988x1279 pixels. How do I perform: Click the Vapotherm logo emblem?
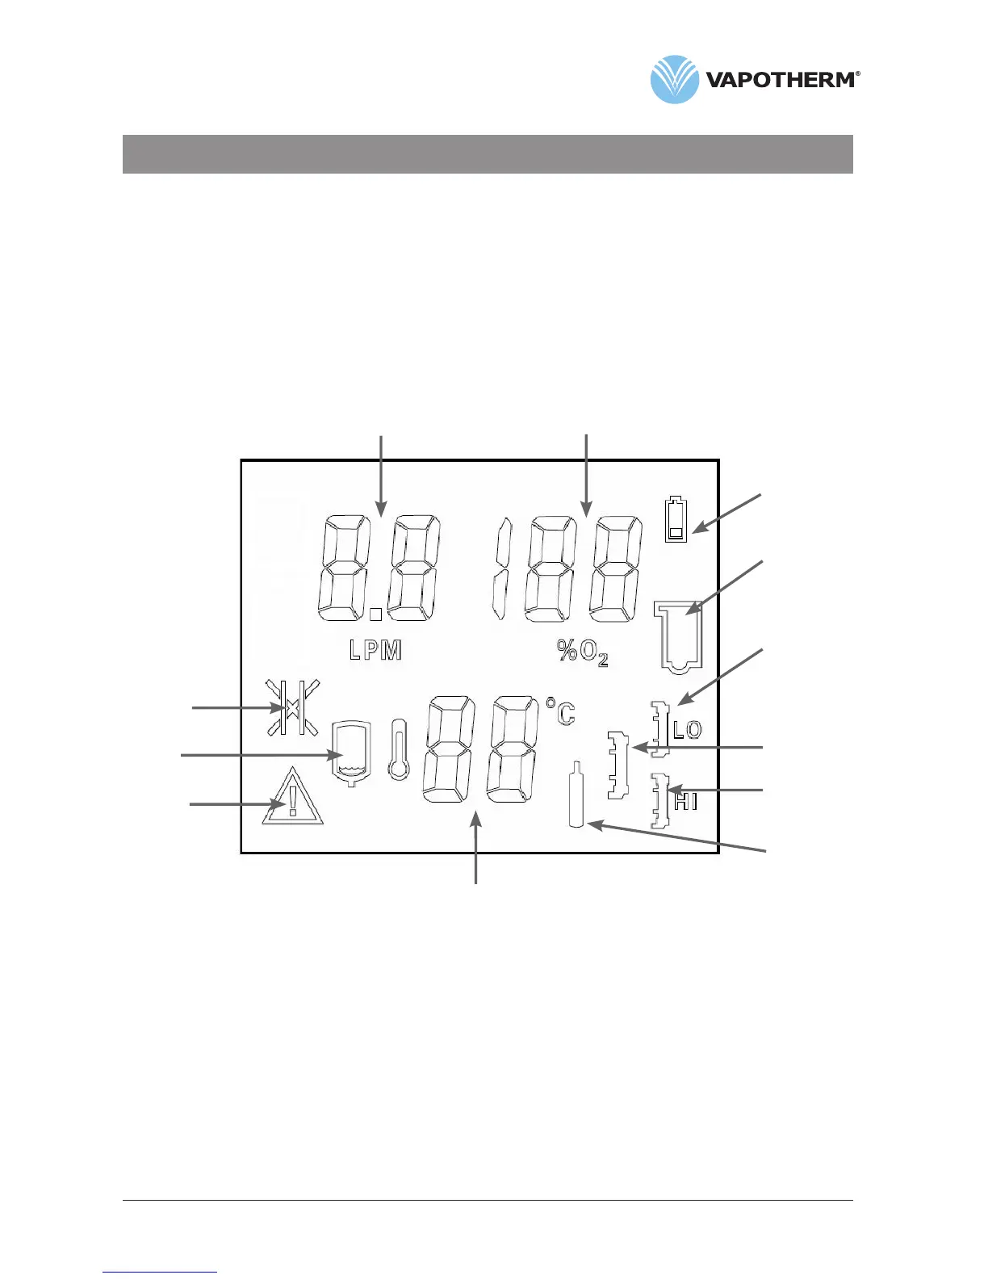(674, 79)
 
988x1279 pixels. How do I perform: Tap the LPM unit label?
(375, 651)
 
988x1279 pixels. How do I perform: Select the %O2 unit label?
(582, 652)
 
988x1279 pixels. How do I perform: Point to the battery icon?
(676, 519)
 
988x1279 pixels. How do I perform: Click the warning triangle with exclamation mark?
(292, 798)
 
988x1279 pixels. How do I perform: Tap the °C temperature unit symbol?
(560, 711)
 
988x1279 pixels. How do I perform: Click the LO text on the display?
(688, 730)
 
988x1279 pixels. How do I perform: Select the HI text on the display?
(685, 802)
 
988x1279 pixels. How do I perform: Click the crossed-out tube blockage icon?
(292, 707)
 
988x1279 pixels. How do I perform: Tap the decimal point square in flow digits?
(375, 614)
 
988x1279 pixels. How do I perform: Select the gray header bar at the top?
(488, 154)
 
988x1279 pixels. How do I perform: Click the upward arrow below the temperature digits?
(477, 848)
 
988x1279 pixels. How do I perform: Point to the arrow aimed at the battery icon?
(726, 513)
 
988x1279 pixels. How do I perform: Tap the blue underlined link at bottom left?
(160, 1272)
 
